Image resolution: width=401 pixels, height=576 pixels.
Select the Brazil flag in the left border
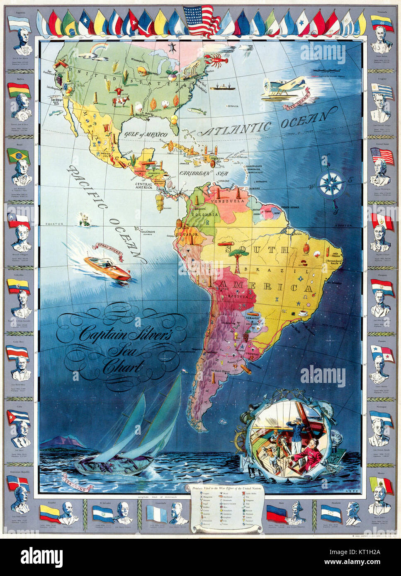coord(18,156)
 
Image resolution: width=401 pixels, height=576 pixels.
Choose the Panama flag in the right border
coord(382,353)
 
